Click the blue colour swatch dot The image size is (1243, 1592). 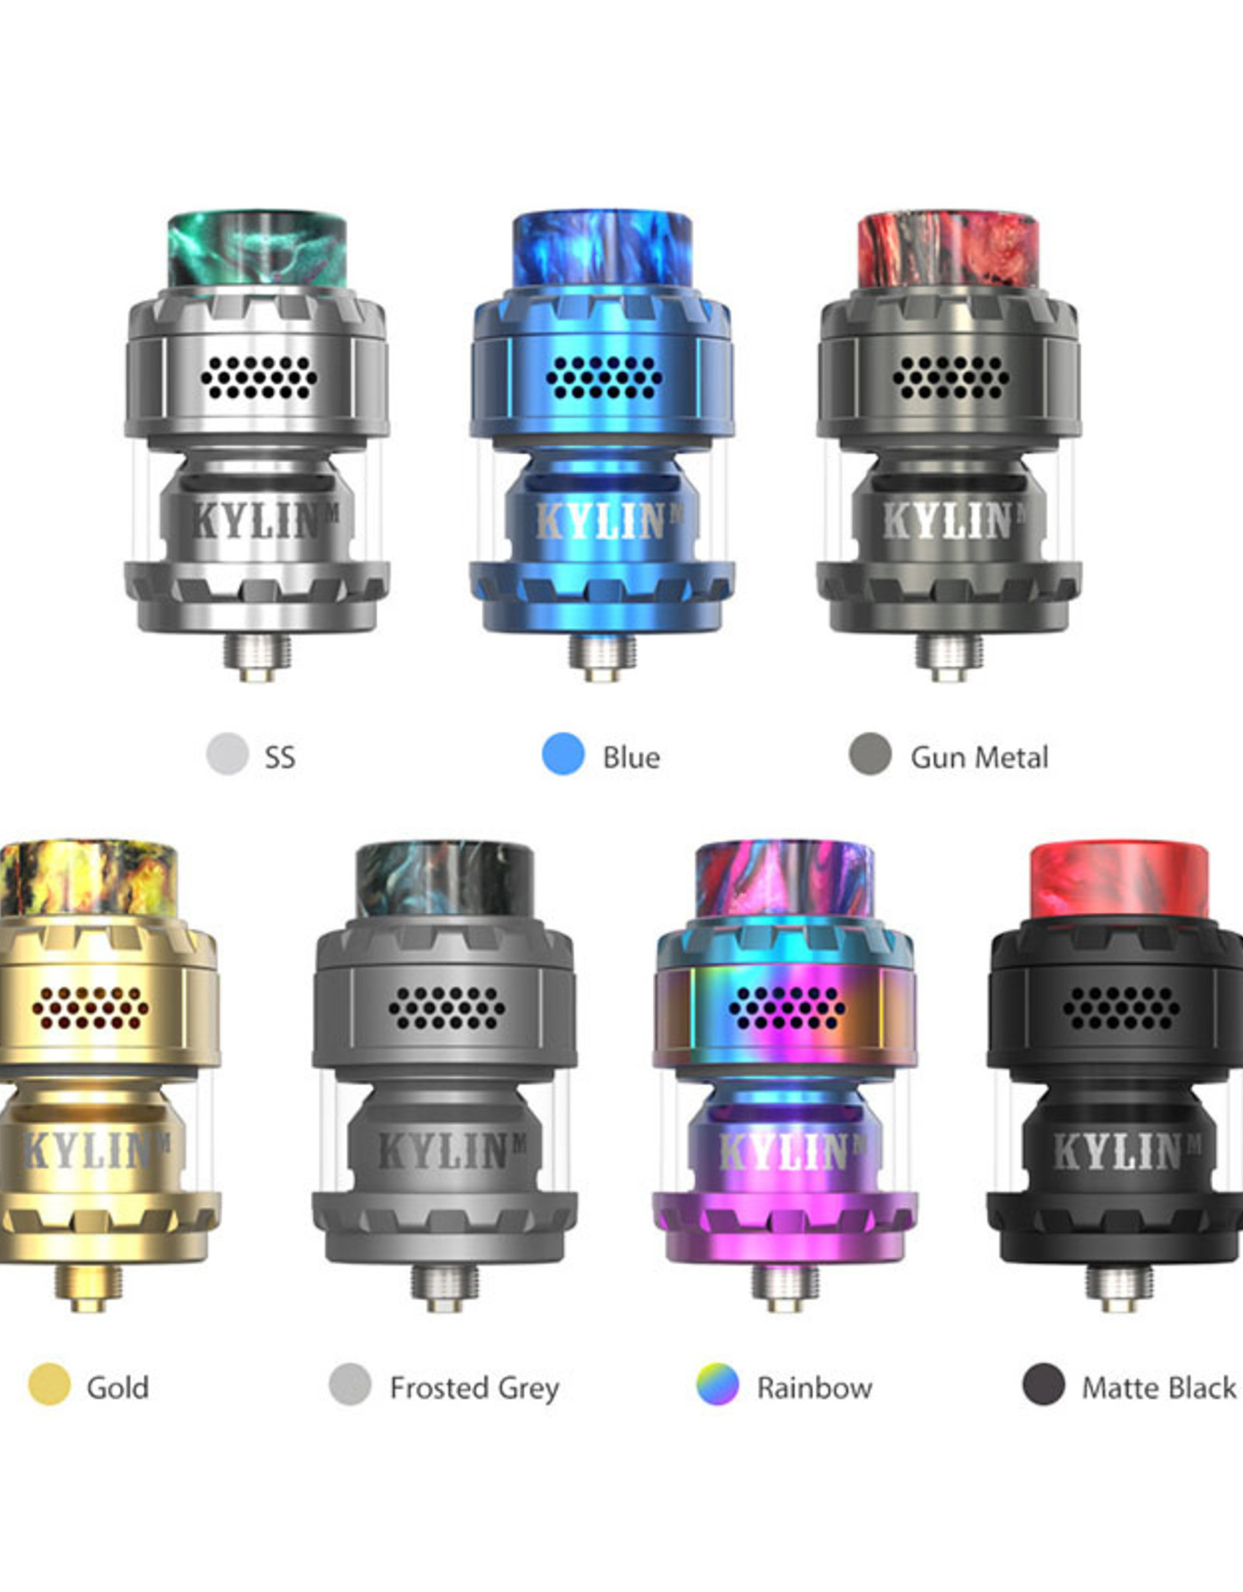coord(562,753)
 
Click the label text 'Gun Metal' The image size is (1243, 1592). coord(979,757)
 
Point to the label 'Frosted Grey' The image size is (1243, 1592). coord(474,1388)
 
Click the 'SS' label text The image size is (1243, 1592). coord(280,757)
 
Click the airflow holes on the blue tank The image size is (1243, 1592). coord(603,378)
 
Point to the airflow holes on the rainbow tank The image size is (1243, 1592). coord(786,1007)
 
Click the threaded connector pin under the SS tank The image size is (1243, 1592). coord(257,655)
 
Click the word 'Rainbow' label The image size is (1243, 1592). coord(814,1388)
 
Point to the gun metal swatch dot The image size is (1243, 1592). coord(869,753)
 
